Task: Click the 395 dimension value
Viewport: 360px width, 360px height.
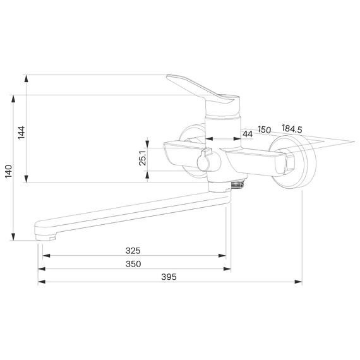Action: pyautogui.click(x=169, y=277)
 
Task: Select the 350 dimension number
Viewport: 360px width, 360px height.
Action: pyautogui.click(x=133, y=264)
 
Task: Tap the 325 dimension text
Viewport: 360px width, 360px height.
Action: pyautogui.click(x=133, y=251)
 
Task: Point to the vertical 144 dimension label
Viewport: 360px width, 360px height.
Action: pyautogui.click(x=21, y=133)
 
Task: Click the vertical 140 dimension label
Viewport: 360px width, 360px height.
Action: pyautogui.click(x=8, y=171)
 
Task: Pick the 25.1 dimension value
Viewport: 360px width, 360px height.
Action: pyautogui.click(x=143, y=158)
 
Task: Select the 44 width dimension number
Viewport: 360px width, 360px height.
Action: pyautogui.click(x=248, y=134)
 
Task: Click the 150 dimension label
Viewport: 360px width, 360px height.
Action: pyautogui.click(x=264, y=129)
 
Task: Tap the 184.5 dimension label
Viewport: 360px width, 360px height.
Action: pyautogui.click(x=292, y=129)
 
